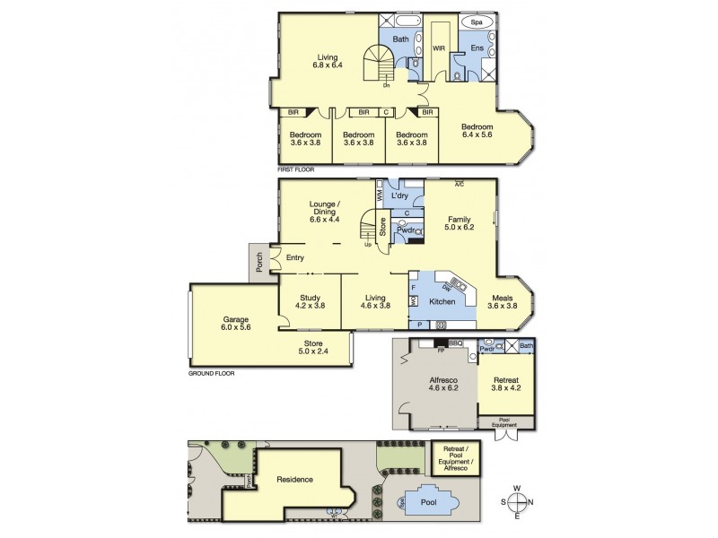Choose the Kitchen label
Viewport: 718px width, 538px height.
tap(442, 301)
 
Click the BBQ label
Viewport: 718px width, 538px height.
tap(454, 343)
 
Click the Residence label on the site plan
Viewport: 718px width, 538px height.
tap(294, 479)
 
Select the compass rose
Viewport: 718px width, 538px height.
tap(518, 502)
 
